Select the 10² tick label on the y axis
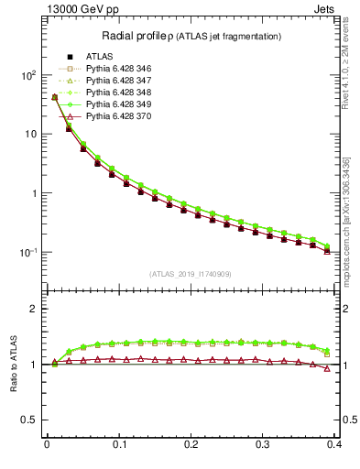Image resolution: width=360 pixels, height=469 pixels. pos(27,75)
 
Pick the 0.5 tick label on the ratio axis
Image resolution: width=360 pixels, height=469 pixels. pos(29,420)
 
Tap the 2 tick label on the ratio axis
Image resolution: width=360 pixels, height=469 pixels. pos(34,309)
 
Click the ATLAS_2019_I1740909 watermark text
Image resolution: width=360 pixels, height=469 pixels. pos(190,274)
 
